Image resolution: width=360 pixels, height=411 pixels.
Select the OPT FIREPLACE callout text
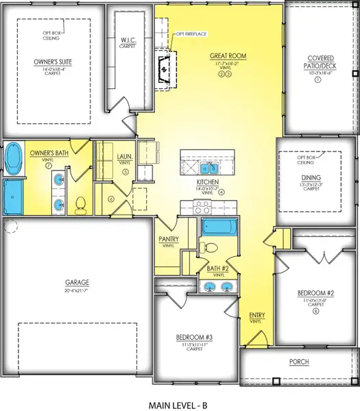tap(193, 34)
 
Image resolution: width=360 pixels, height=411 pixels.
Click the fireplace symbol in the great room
tap(163, 69)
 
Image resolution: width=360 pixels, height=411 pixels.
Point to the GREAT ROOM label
tap(229, 55)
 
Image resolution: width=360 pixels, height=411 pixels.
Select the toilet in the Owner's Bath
tap(80, 203)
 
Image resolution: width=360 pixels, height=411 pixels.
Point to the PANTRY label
tap(169, 239)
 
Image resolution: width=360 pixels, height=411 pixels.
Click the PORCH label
tap(298, 361)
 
